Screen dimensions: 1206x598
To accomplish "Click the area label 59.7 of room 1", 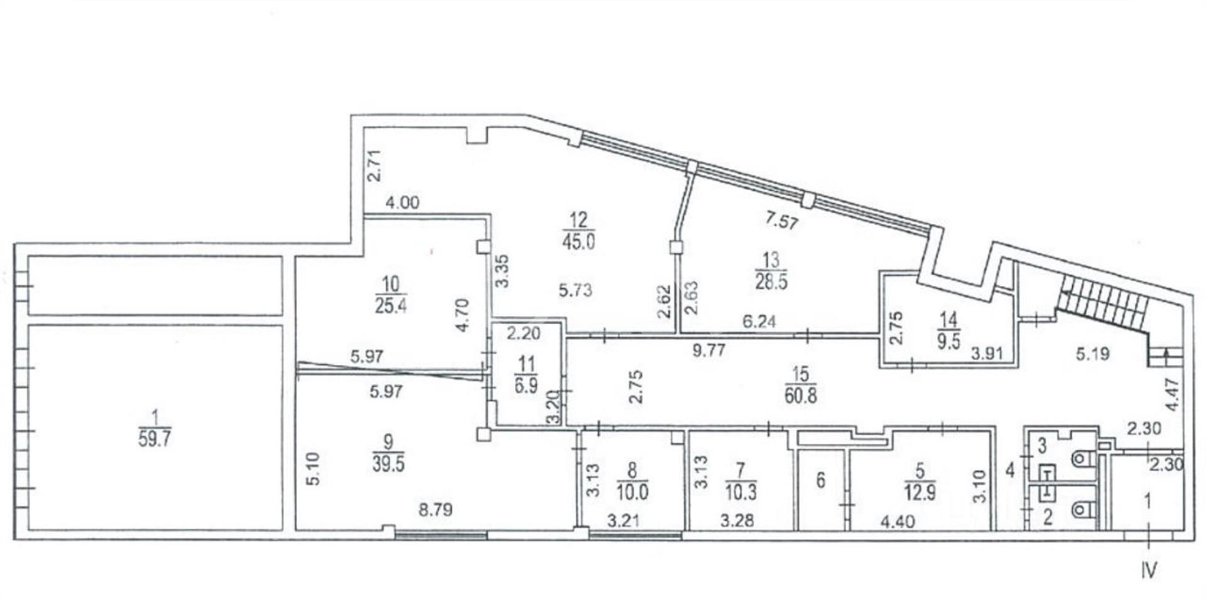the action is [x=155, y=438].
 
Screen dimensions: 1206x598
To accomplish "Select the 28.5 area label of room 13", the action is [x=771, y=281].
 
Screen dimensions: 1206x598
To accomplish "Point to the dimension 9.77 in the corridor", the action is [x=709, y=351].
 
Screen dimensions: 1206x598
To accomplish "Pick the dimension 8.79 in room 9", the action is [x=436, y=509].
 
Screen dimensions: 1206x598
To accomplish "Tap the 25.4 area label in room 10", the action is [x=391, y=306].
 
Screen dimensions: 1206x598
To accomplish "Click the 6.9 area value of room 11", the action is [x=526, y=385].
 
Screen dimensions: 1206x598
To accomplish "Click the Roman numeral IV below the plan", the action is [x=1150, y=570].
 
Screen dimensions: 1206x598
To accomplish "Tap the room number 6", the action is [x=820, y=481].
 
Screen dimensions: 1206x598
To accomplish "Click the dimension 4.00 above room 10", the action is [x=403, y=203].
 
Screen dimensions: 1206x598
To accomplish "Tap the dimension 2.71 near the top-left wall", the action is [x=374, y=165].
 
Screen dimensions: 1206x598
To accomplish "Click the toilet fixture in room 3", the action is [x=1084, y=460].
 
